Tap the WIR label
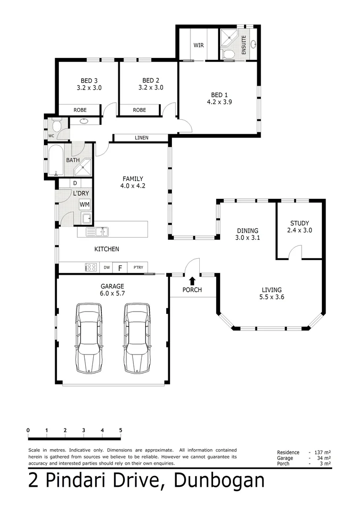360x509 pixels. point(198,46)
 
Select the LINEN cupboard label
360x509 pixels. point(141,138)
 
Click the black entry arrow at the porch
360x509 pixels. point(192,281)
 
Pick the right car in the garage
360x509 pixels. point(137,338)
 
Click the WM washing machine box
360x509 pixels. point(84,204)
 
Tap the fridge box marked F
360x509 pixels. point(120,268)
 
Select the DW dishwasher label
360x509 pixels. point(107,268)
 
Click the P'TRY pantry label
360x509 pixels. point(138,268)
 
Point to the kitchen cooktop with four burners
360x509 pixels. point(90,267)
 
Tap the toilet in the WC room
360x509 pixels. point(56,125)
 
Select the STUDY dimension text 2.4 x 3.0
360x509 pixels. point(300,230)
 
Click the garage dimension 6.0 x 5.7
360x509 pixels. point(112,293)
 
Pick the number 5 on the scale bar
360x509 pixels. point(121,430)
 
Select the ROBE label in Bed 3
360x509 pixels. point(80,110)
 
